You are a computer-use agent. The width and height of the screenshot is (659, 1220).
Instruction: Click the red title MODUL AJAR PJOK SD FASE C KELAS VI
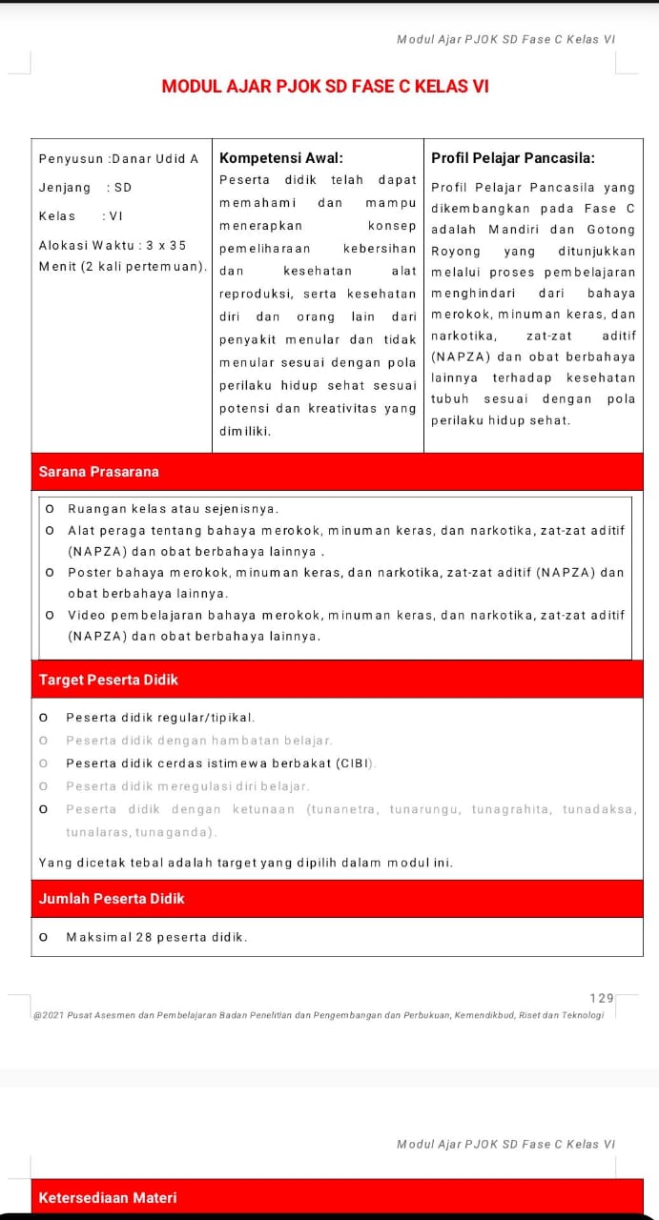click(325, 87)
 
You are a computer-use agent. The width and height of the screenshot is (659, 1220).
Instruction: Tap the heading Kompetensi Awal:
click(281, 158)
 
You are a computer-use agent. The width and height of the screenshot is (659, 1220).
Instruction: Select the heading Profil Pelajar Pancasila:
click(513, 158)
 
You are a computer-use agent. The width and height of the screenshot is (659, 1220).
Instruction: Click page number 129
click(602, 998)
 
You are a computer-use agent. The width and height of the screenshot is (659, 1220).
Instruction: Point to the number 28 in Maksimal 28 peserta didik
click(144, 937)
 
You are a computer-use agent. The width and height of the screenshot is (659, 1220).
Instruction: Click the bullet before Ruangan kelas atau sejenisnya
click(50, 509)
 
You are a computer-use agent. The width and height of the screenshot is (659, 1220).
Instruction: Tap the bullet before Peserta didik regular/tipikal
click(44, 718)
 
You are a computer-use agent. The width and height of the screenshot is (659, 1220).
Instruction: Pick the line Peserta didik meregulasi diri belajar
click(188, 786)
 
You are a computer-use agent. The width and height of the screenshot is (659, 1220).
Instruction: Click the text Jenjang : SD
click(85, 188)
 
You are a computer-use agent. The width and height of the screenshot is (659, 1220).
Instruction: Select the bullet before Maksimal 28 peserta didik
click(44, 937)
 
